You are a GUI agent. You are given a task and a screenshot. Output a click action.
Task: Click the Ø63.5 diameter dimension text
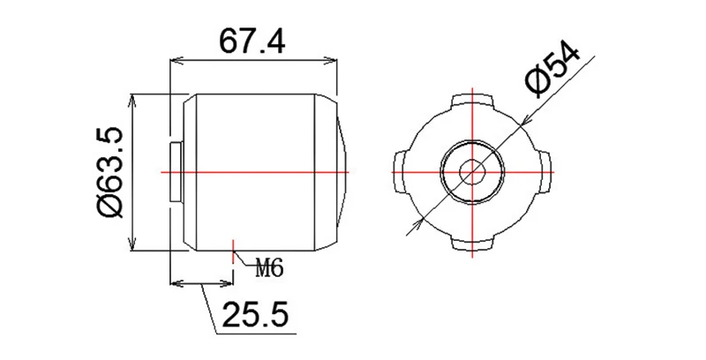(112, 172)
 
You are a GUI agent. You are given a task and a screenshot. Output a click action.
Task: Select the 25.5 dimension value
(255, 315)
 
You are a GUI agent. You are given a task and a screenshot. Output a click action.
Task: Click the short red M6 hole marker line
(231, 251)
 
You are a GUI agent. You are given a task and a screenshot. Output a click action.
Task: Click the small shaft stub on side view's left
(175, 170)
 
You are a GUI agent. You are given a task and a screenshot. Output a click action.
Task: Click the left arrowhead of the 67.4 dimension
(175, 61)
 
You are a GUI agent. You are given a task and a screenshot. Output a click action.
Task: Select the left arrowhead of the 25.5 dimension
(174, 284)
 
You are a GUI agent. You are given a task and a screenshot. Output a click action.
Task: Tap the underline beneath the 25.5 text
(256, 334)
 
